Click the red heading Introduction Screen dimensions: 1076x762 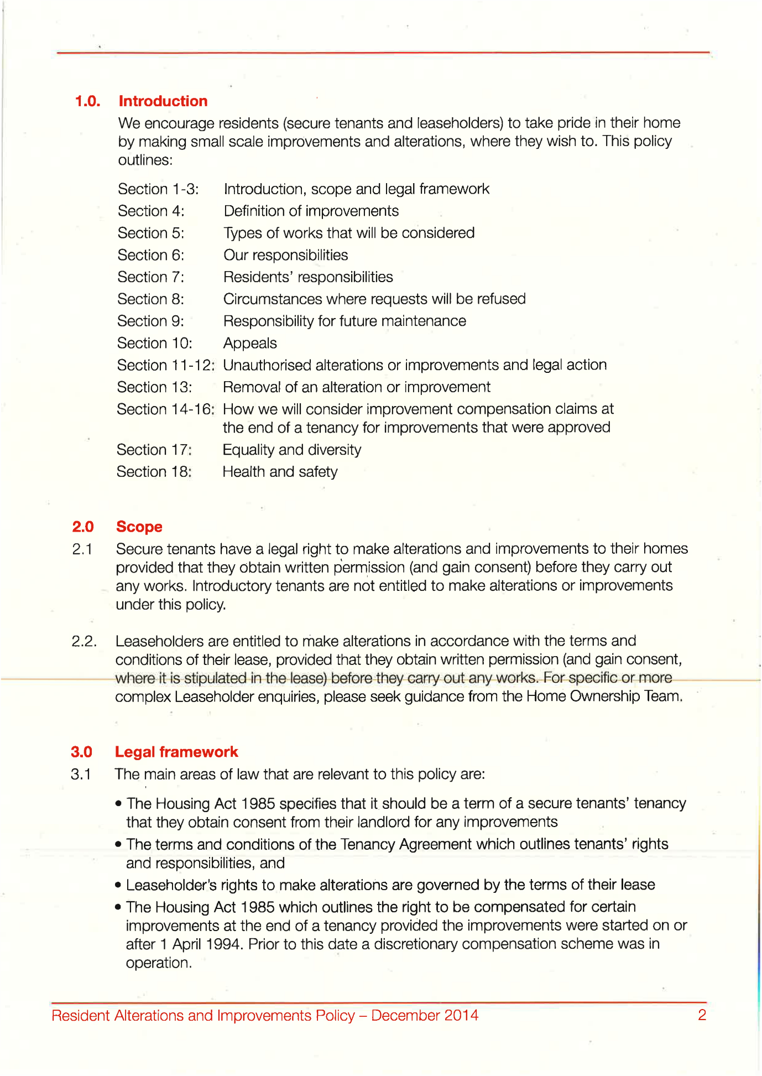[163, 101]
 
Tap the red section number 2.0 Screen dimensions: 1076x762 [83, 527]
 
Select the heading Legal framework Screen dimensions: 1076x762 [176, 752]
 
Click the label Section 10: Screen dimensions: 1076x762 [155, 344]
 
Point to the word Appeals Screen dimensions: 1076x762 [250, 344]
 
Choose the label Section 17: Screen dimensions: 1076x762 [154, 450]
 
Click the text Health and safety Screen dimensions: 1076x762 [280, 472]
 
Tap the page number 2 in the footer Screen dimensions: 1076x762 [702, 1015]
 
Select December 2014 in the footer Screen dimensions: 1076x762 [425, 1016]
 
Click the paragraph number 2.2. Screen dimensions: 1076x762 [84, 642]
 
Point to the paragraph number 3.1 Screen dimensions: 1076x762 [81, 774]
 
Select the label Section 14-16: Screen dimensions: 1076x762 [165, 409]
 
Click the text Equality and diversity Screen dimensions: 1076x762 [292, 450]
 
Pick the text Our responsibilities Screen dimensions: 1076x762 [286, 255]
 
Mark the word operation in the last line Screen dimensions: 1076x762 [158, 963]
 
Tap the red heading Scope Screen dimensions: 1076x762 [139, 527]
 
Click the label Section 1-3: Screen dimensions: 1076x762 [158, 189]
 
